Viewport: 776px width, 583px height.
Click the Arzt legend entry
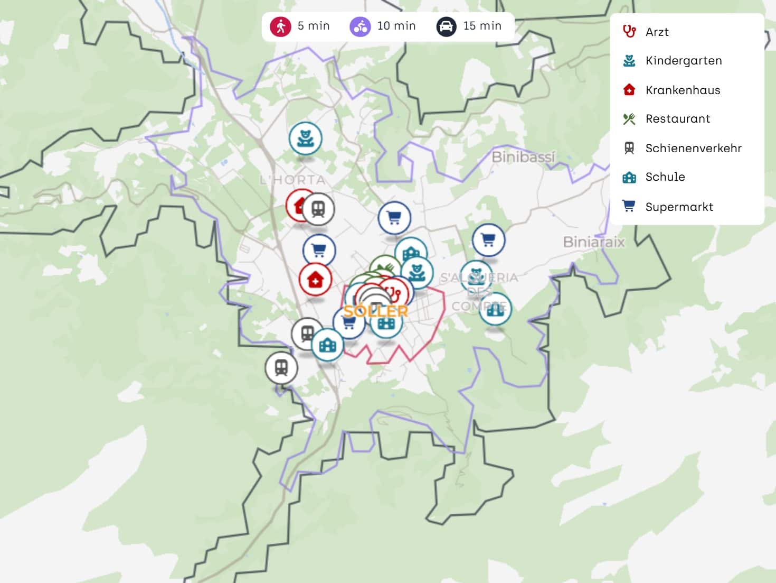[x=657, y=32]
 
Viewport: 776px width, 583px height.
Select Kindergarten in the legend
[x=683, y=61]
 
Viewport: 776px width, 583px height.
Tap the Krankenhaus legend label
[x=683, y=90]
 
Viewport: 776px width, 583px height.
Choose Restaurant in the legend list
[x=677, y=119]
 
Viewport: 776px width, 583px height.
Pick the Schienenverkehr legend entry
[x=693, y=148]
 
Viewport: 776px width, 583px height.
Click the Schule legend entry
[x=665, y=177]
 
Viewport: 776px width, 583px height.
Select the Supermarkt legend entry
[x=679, y=207]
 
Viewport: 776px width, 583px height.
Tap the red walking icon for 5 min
[x=280, y=26]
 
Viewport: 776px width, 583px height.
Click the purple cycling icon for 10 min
[x=361, y=26]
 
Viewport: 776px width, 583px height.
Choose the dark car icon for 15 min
[x=446, y=26]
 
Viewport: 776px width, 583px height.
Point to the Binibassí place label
[x=523, y=157]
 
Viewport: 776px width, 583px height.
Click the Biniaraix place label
[x=593, y=242]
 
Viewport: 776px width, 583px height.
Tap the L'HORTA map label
[x=292, y=180]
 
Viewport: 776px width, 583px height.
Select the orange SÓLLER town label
[x=375, y=311]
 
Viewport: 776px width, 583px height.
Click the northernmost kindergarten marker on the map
[x=305, y=138]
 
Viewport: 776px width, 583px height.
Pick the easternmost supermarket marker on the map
[x=488, y=240]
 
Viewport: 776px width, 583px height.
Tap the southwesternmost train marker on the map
[x=281, y=367]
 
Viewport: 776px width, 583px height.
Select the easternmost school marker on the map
[x=495, y=309]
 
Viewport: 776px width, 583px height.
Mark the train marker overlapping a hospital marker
[x=318, y=209]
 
